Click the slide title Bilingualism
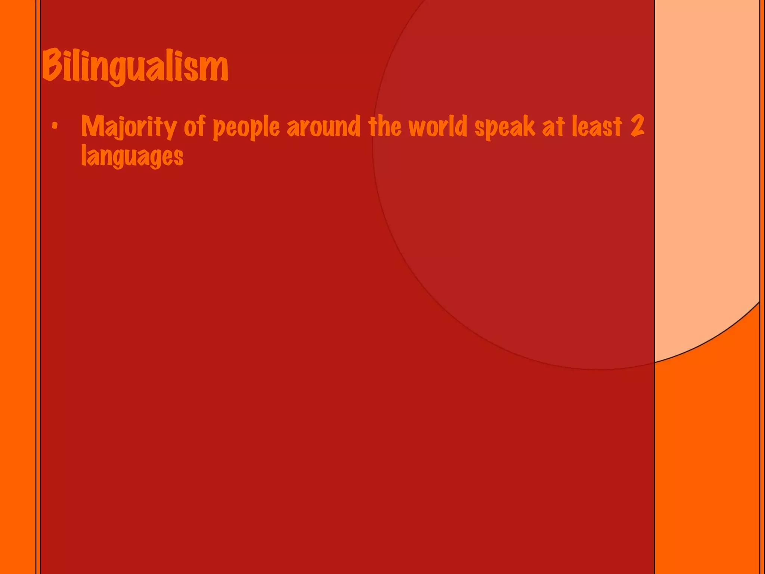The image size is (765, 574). pos(135,67)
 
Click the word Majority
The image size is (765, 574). pos(129,127)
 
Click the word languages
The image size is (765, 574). pos(132,156)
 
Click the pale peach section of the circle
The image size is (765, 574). pos(706,187)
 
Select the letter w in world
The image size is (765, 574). pos(417,127)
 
